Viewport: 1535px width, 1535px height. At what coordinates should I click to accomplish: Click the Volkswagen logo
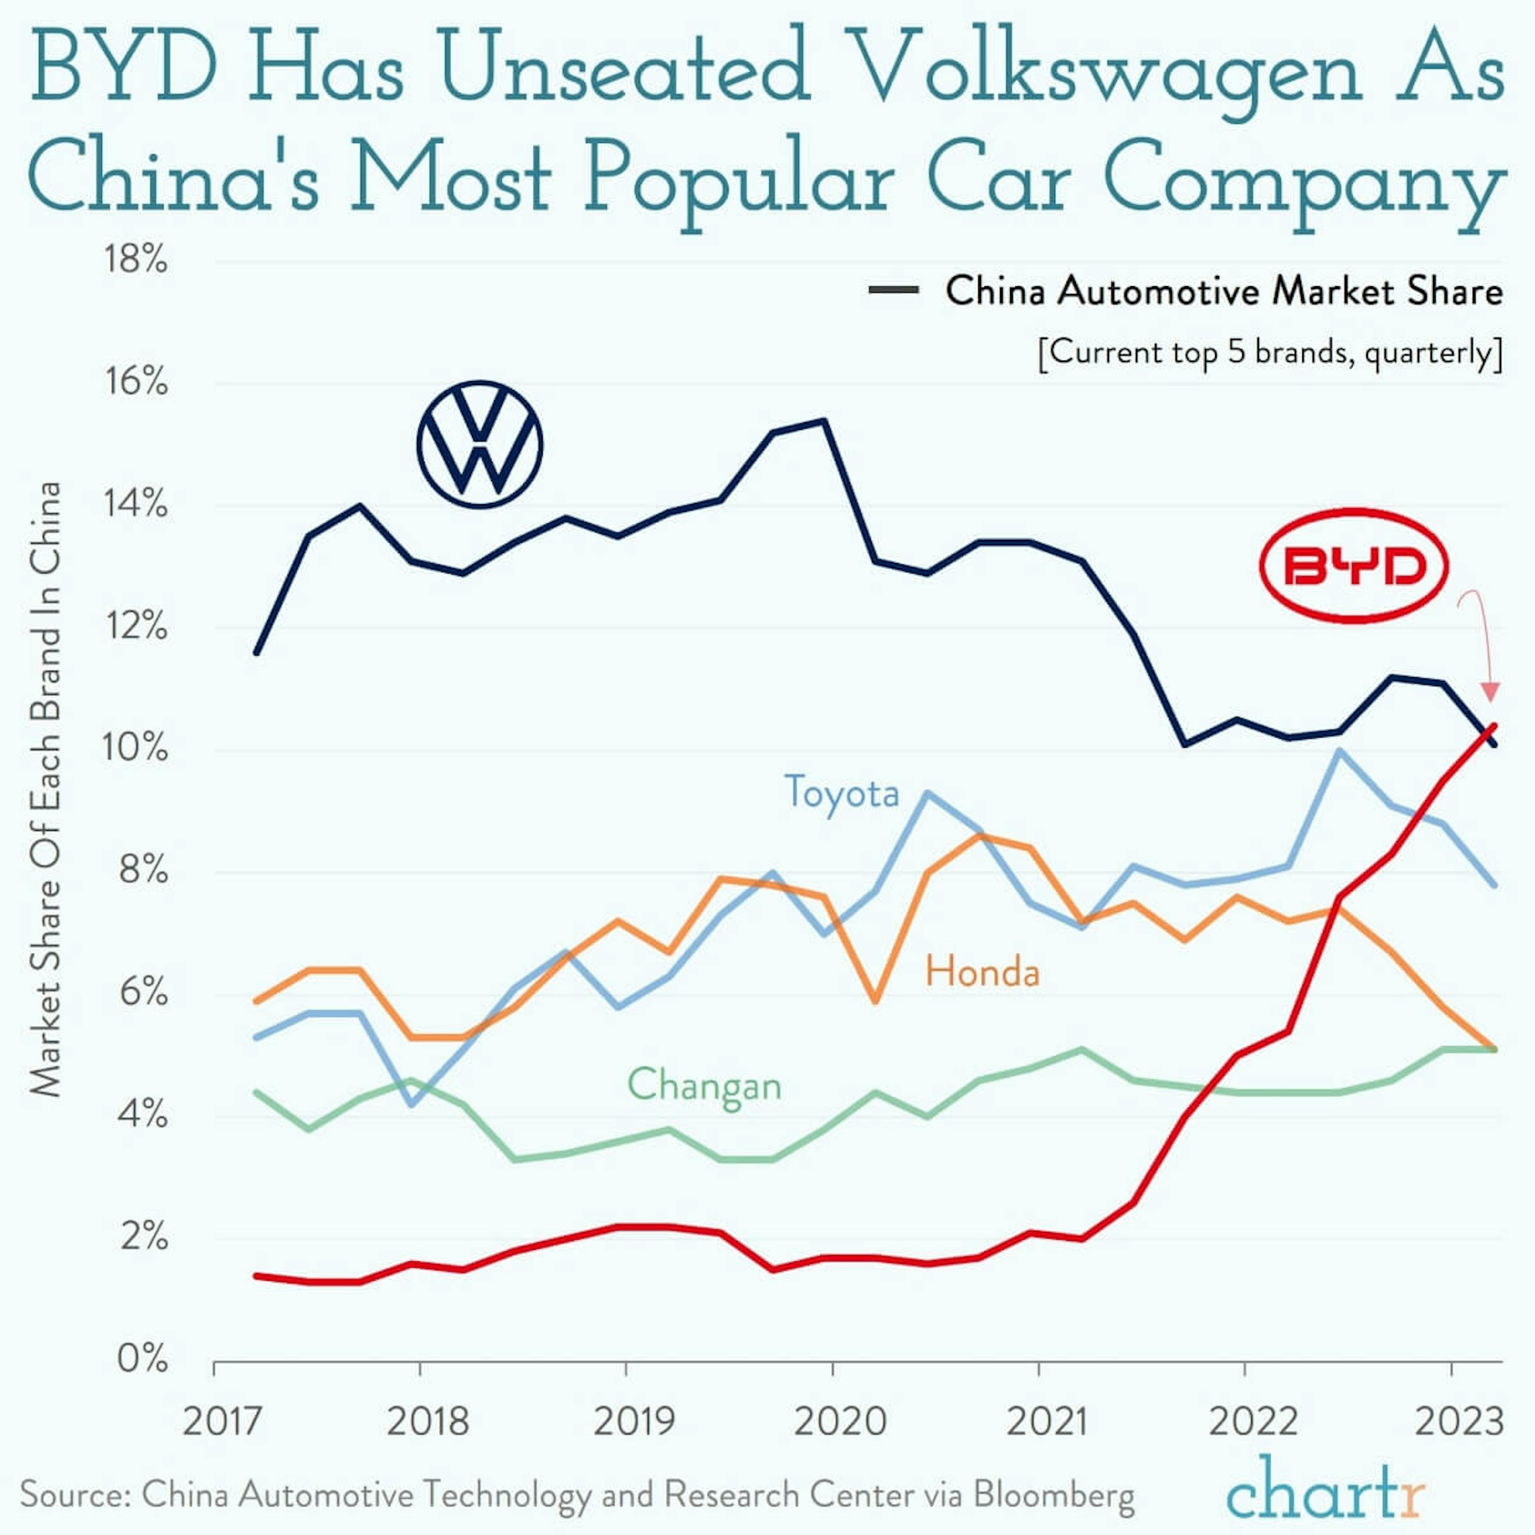[x=479, y=445]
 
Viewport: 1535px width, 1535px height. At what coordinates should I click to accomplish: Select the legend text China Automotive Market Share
[x=1224, y=291]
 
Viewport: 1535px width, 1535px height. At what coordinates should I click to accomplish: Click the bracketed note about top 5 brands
[x=1270, y=352]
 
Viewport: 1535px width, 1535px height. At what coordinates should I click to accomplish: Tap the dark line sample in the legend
[x=894, y=291]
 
